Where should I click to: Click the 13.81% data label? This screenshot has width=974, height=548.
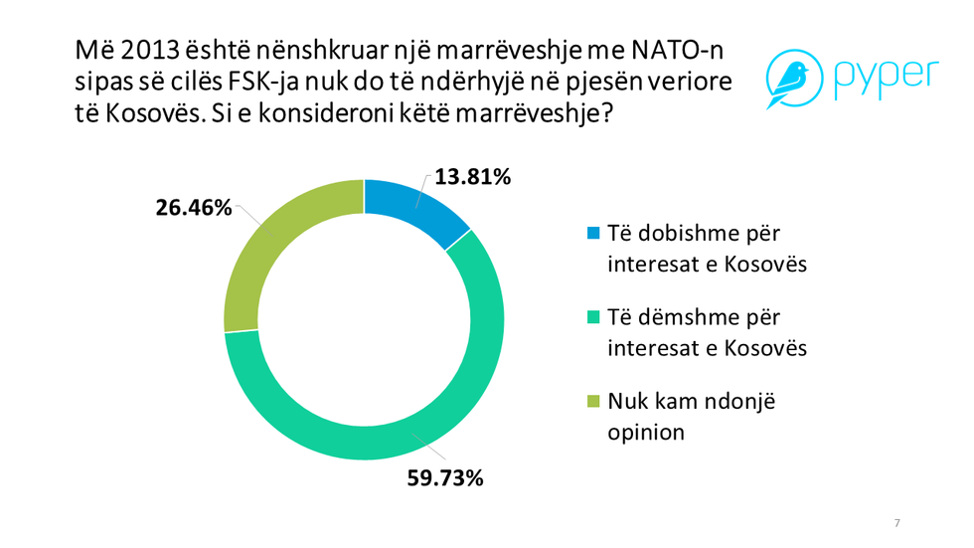pyautogui.click(x=473, y=179)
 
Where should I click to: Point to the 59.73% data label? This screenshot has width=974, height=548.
pyautogui.click(x=445, y=478)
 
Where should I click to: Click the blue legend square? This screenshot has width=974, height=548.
pyautogui.click(x=594, y=233)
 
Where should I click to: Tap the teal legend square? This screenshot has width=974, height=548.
pyautogui.click(x=594, y=317)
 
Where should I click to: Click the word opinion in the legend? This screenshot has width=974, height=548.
pyautogui.click(x=647, y=433)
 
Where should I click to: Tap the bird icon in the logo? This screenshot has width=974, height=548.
pyautogui.click(x=791, y=78)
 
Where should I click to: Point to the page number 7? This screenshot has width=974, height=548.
pyautogui.click(x=897, y=523)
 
